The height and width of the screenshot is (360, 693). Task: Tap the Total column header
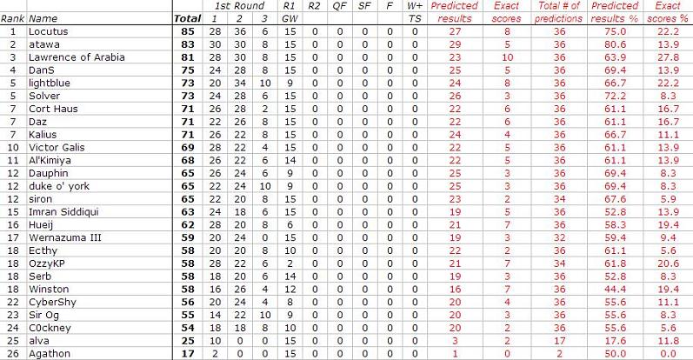coord(187,17)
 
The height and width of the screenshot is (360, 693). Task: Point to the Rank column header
coord(12,17)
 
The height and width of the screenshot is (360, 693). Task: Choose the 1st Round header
coord(239,5)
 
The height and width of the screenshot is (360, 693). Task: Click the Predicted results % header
coord(613,11)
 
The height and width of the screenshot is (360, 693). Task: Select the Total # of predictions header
coord(560,11)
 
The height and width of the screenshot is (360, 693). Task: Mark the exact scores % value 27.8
coord(669,57)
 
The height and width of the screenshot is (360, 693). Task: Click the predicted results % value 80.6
coord(613,44)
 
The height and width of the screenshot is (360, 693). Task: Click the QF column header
coord(339,5)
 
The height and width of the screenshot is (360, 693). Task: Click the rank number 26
coord(12,353)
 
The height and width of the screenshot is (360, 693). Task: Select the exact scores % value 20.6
coord(669,263)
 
